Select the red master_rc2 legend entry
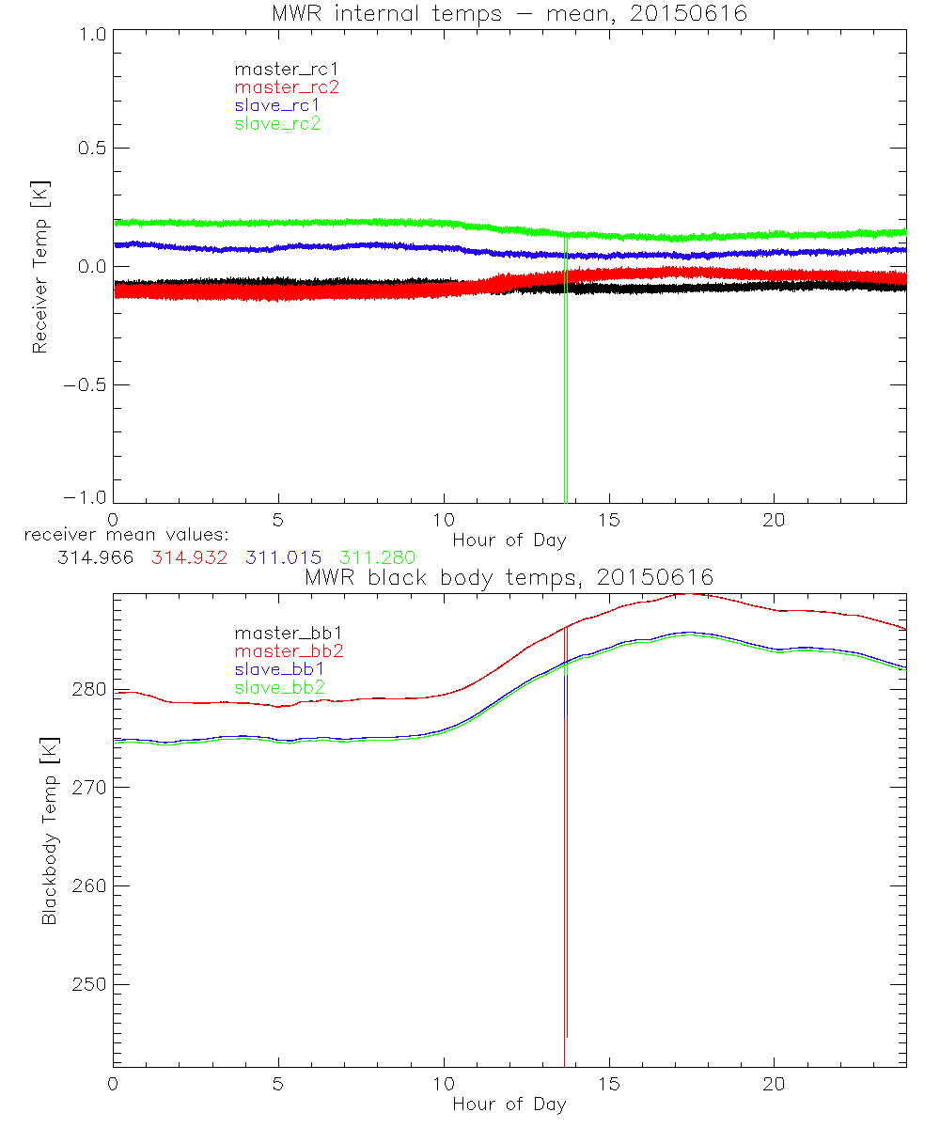tap(287, 86)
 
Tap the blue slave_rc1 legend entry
tap(278, 105)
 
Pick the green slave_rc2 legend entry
tap(278, 123)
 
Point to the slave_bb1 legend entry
tap(278, 669)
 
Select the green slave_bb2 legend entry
tap(278, 687)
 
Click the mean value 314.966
tap(94, 557)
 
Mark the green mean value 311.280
tap(377, 557)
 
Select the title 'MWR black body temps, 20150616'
tap(509, 576)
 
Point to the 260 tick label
tap(88, 885)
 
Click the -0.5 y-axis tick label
tap(83, 384)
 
